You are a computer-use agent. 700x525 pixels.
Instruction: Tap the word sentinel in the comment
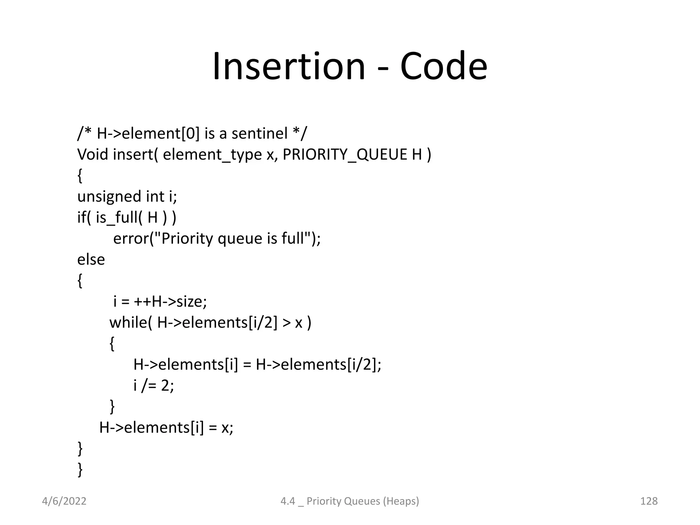[259, 133]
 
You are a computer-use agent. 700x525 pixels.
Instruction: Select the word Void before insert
[93, 154]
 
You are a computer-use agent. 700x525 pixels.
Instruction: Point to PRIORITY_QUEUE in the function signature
[345, 154]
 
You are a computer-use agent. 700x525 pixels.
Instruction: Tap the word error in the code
[131, 239]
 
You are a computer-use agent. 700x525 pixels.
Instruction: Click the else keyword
[91, 259]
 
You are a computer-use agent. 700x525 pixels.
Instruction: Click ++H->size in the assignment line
[170, 301]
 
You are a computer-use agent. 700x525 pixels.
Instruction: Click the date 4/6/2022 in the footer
[64, 501]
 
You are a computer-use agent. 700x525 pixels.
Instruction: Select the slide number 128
[648, 501]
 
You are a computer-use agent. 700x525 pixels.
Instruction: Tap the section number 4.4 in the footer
[287, 501]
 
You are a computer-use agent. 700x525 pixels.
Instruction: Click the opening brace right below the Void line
[80, 176]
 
